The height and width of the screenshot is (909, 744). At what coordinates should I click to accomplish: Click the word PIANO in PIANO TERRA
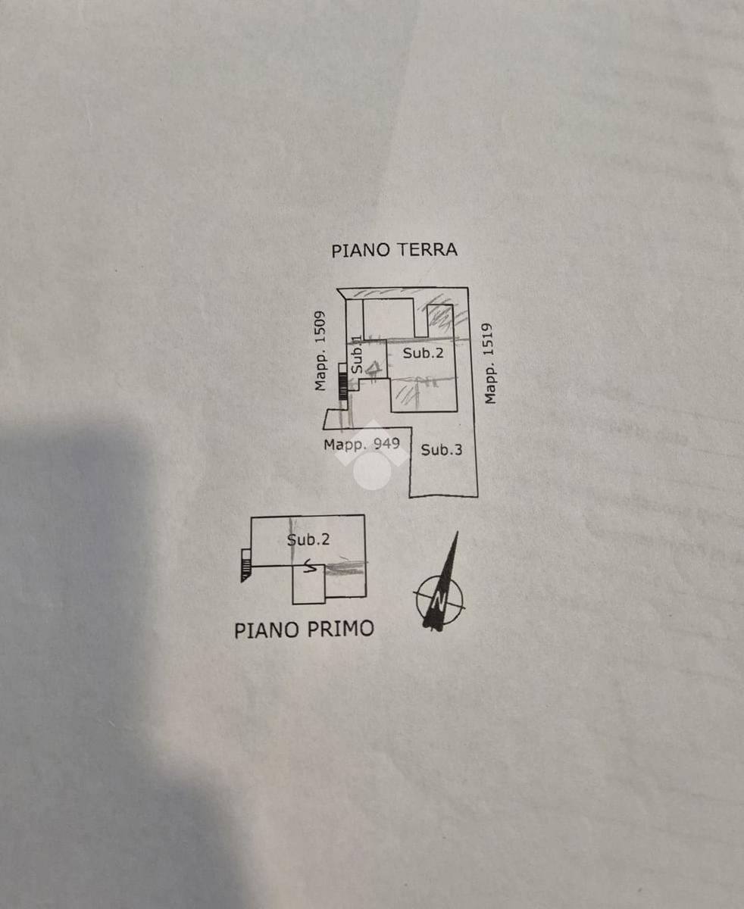coord(358,250)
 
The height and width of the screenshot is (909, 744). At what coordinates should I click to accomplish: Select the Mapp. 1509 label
coord(321,351)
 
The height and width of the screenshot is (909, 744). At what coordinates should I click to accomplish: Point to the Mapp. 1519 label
coord(489,364)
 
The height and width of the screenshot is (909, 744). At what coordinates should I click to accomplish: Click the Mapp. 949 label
coord(361,444)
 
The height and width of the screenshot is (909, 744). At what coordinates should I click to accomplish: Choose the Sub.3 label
coord(442,450)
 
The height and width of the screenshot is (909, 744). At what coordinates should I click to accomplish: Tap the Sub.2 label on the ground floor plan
coord(423,353)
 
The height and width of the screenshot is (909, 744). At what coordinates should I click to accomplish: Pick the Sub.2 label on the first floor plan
coord(308,539)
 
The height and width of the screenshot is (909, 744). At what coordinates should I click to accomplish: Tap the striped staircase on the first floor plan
coord(245,565)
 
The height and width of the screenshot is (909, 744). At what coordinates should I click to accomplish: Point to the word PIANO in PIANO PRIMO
coord(265,629)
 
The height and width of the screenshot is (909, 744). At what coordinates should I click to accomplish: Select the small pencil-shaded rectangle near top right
coord(439,317)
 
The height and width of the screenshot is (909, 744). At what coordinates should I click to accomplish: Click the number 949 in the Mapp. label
coord(386,444)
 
